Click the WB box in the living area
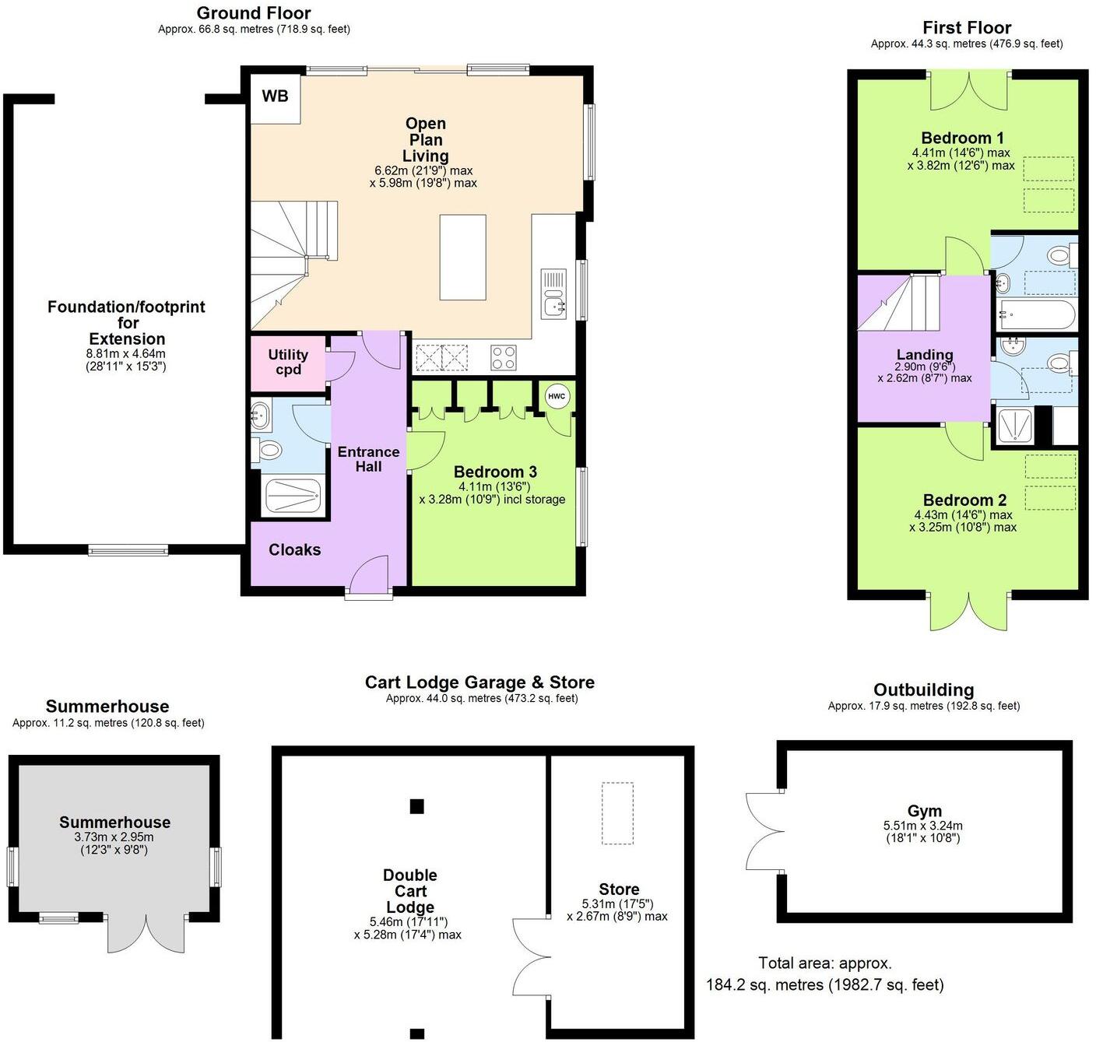click(275, 96)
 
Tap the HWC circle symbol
click(556, 396)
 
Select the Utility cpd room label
click(288, 362)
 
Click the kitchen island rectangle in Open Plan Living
click(462, 258)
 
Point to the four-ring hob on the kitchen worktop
click(503, 357)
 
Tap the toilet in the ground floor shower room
click(268, 450)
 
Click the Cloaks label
click(294, 550)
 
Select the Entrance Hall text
click(368, 459)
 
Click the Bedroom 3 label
click(495, 472)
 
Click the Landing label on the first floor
click(925, 355)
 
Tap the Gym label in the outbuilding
click(924, 811)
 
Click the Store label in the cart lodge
click(619, 889)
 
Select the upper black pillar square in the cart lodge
click(417, 806)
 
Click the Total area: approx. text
click(825, 963)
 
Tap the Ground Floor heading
click(254, 13)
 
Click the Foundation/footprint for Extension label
click(127, 323)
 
